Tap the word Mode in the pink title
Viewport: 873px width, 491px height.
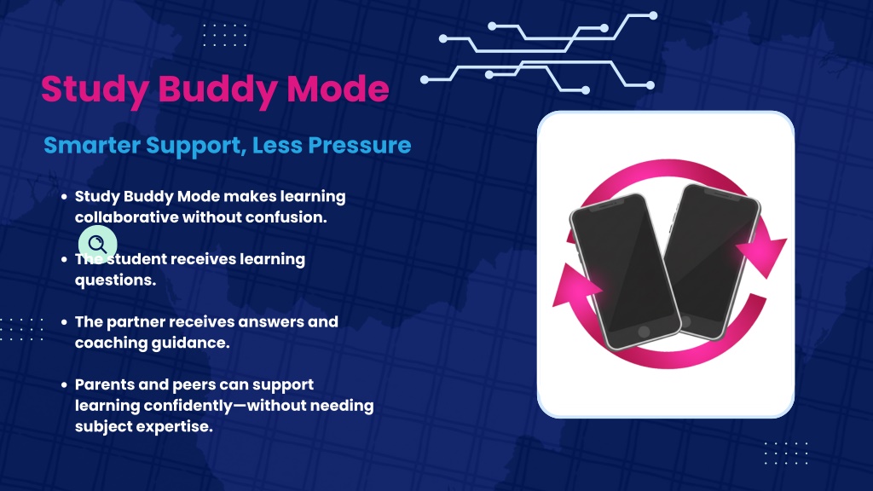point(338,89)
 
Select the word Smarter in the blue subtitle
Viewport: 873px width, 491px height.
point(92,145)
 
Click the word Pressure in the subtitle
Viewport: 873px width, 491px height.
point(360,145)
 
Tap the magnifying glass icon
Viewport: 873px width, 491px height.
point(97,244)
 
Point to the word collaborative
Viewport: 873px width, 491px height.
point(126,217)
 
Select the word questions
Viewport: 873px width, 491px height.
point(115,280)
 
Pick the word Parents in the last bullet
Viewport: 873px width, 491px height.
point(102,384)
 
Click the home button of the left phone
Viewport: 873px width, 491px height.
point(644,332)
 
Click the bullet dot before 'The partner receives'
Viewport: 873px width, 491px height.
point(64,321)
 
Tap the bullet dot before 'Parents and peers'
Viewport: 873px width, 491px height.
point(64,384)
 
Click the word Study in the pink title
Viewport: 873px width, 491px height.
point(95,90)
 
